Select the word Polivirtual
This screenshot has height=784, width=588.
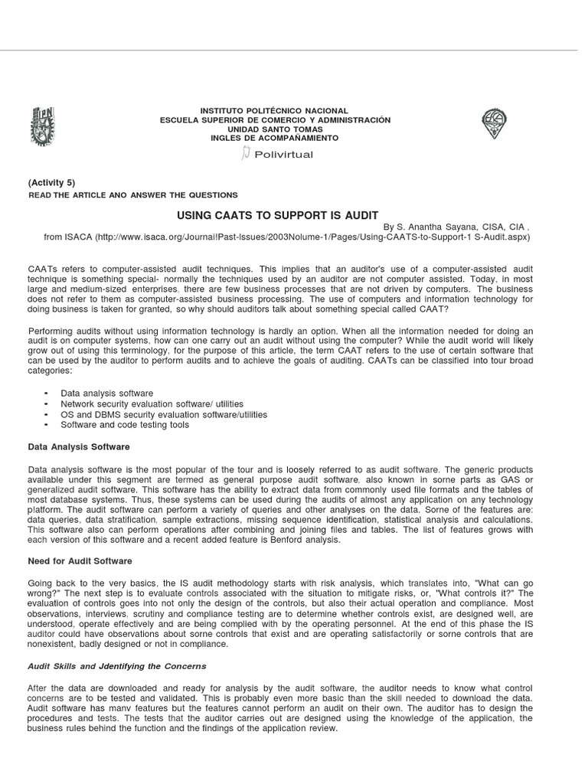283,155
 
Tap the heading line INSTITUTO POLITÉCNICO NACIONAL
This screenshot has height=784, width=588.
274,111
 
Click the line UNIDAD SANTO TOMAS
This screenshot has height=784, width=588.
274,129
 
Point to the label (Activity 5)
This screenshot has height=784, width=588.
51,182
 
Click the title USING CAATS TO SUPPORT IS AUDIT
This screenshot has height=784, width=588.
278,215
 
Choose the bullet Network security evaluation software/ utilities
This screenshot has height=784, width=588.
152,403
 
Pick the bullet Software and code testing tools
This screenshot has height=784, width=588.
125,425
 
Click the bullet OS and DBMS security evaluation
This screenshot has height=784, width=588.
164,414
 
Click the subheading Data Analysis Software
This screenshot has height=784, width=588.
79,446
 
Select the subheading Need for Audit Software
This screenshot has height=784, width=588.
80,561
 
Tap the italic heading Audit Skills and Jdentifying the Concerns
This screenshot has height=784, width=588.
117,666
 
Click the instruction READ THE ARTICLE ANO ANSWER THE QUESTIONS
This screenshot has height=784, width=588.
132,195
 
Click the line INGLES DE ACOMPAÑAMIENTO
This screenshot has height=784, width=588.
274,138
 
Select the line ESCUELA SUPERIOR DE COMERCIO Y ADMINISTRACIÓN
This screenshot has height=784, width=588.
274,120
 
